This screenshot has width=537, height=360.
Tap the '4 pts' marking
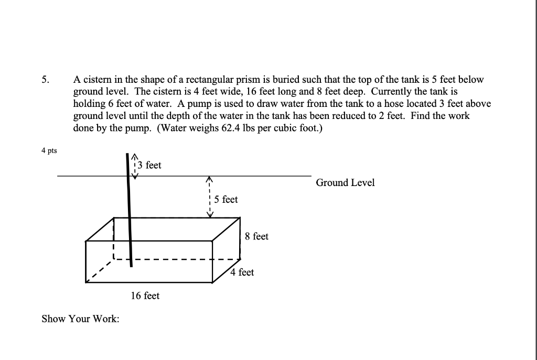coord(49,151)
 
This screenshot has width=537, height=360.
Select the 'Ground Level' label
coord(345,182)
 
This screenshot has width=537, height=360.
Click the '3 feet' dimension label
coord(149,165)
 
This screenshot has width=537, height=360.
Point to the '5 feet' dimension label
coord(226,200)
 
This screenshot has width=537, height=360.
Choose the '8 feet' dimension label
coord(256,236)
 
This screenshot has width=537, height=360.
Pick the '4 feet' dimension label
coord(242,272)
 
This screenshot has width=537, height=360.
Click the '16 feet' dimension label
coord(145,296)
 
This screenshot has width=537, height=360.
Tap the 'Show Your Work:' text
coord(80,318)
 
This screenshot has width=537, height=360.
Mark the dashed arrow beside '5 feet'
coord(209,197)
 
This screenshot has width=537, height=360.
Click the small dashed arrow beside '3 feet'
coord(135,166)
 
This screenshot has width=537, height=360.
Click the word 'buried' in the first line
coord(294,80)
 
